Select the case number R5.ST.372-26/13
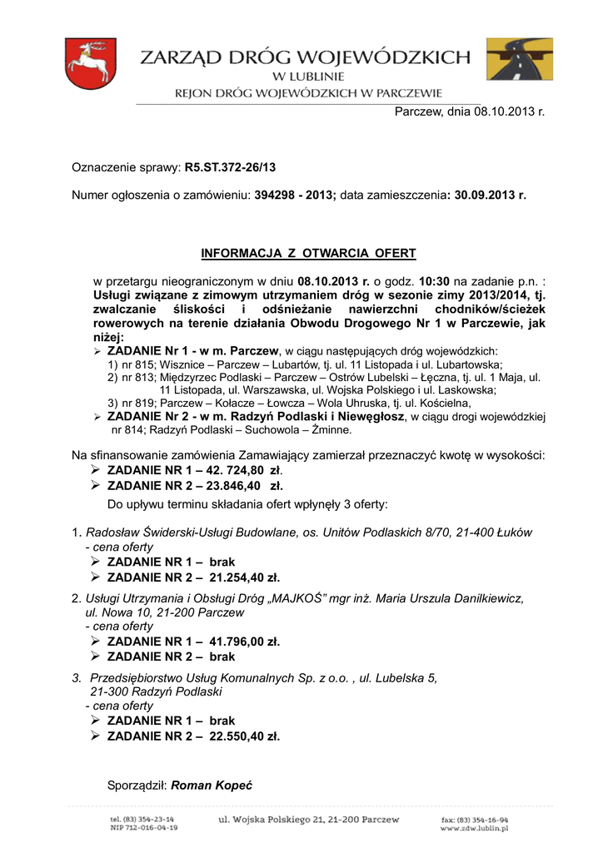(230, 167)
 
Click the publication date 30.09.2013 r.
(490, 196)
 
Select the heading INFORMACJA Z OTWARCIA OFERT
(308, 253)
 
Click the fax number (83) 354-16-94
(481, 820)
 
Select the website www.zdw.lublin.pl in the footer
(474, 829)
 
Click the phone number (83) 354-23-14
(148, 820)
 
